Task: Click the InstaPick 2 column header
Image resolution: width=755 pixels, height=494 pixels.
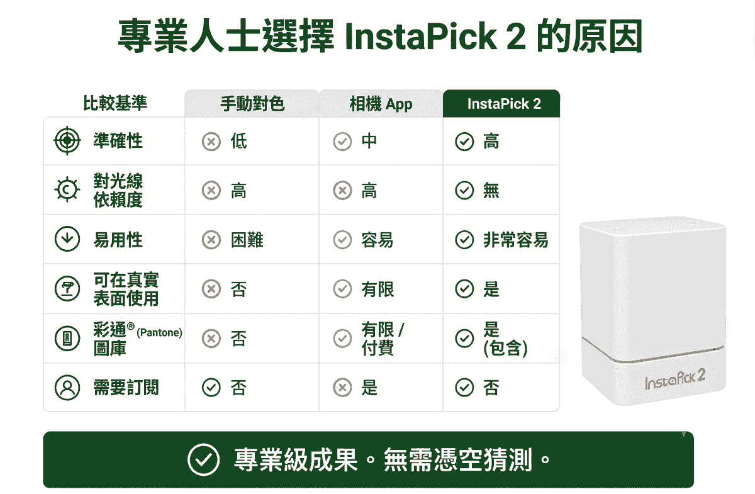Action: pos(504,104)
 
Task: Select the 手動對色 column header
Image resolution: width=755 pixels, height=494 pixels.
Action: pos(252,104)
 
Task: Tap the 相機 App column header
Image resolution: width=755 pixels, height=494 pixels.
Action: pos(381,104)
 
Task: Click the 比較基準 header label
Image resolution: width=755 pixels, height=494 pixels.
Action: pos(115,103)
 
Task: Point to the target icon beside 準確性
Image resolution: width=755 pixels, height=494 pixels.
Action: pos(67,140)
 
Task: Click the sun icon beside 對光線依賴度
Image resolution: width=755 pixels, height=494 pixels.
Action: pos(67,189)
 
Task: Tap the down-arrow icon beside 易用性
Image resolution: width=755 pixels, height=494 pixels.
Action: pos(67,239)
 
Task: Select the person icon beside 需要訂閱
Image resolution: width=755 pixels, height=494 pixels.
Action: pos(67,388)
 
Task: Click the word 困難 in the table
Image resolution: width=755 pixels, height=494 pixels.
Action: pos(247,240)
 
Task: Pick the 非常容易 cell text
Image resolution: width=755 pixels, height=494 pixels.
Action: pos(516,240)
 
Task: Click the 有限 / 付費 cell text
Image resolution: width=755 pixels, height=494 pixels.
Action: pos(383,339)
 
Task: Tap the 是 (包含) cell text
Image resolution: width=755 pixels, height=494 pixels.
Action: pos(505,339)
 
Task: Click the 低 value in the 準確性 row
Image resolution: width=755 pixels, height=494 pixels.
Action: pos(239,141)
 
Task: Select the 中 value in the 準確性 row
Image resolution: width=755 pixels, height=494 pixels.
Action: pos(369,141)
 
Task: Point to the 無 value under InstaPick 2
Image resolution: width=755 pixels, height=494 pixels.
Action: pos(491,190)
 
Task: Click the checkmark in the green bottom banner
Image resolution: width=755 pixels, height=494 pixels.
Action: pos(204,459)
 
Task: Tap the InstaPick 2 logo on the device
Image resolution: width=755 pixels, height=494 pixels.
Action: pos(674,380)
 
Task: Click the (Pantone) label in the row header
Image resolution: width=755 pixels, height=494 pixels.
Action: pos(159,333)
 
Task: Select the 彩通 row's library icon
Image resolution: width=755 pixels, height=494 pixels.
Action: pos(67,338)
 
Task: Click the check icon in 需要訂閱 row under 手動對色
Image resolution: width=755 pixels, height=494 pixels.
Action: pos(211,388)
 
